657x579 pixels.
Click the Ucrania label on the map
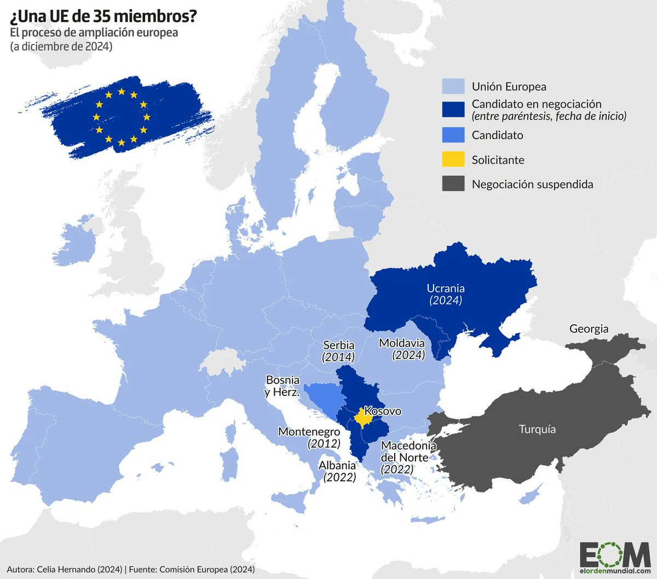point(446,289)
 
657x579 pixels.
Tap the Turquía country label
point(537,429)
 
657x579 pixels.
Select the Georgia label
point(589,329)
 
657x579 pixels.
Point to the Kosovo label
point(383,411)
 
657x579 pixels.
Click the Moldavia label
point(402,343)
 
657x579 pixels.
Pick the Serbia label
point(339,346)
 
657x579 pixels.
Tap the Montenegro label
point(309,432)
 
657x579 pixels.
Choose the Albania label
point(337,466)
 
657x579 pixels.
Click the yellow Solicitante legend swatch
point(453,159)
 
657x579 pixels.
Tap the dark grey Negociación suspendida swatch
point(453,184)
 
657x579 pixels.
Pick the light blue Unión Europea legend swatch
point(453,86)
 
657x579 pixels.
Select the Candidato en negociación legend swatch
point(453,109)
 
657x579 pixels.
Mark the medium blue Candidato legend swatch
point(453,135)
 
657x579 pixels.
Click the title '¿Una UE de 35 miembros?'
point(103,16)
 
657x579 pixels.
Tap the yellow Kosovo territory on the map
point(361,419)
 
